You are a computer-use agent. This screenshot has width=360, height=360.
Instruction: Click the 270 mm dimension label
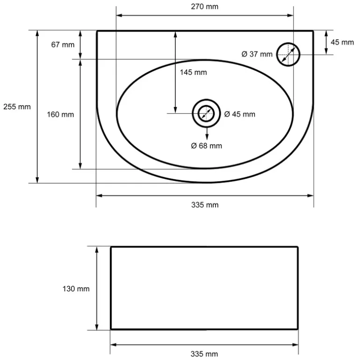[x=205, y=7]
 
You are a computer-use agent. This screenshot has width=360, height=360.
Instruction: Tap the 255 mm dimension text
[x=17, y=107]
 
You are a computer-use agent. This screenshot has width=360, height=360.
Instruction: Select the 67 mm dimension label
[x=63, y=44]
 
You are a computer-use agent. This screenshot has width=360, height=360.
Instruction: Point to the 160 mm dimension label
[x=60, y=115]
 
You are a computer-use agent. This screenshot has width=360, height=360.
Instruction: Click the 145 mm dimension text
[x=193, y=72]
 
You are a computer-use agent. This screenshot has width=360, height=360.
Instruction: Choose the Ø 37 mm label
[x=257, y=54]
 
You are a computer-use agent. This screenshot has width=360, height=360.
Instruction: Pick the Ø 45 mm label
[x=240, y=114]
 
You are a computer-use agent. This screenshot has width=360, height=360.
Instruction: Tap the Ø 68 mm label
[x=206, y=146]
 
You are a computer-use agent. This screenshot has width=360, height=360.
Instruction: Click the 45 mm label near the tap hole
[x=342, y=42]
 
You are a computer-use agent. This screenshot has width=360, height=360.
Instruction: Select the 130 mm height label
[x=76, y=288]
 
